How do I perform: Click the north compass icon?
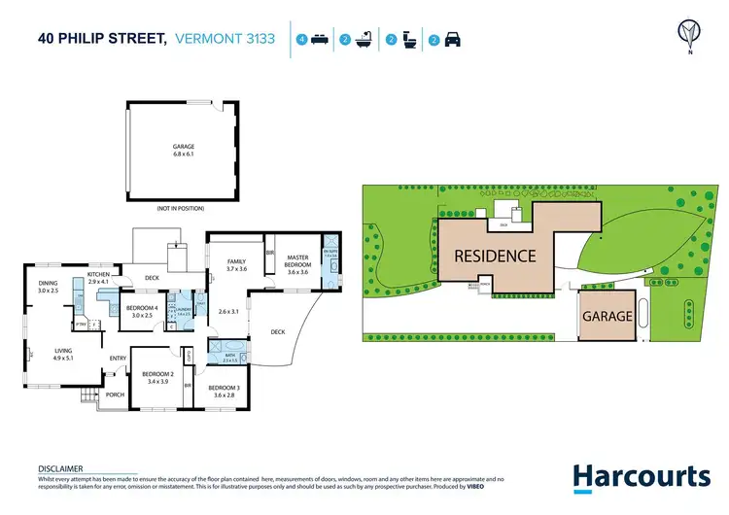click(x=689, y=35)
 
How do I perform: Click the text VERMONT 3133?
click(x=225, y=40)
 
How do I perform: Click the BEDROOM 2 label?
click(x=157, y=375)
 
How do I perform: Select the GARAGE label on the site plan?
click(x=607, y=316)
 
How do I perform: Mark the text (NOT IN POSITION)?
click(x=180, y=208)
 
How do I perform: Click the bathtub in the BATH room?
click(x=232, y=346)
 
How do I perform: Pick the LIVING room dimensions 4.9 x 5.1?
click(x=63, y=357)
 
